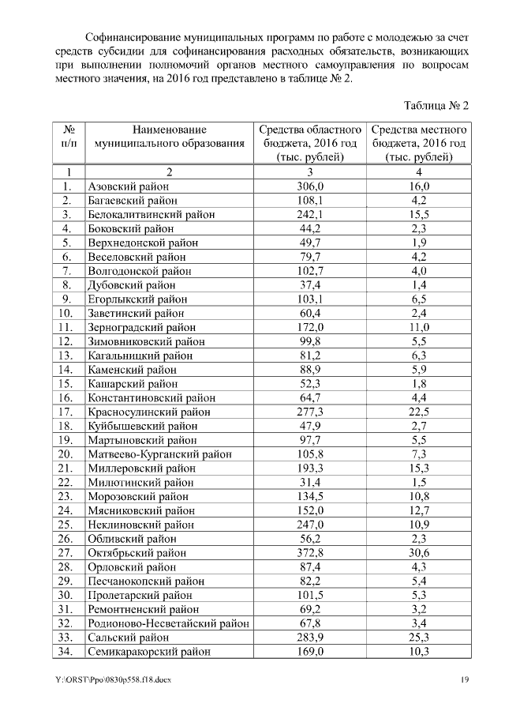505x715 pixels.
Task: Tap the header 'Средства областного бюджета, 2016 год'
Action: (310, 143)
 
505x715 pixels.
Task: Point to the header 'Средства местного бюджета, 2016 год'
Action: (419, 143)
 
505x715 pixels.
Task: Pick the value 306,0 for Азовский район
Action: (310, 186)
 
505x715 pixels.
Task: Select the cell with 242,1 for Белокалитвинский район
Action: (310, 215)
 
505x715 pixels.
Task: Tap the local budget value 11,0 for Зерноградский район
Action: (419, 327)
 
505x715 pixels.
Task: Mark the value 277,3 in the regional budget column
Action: (310, 412)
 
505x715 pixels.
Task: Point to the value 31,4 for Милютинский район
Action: (310, 482)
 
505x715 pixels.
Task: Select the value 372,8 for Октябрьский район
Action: (310, 552)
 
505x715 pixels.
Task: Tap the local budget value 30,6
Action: (419, 552)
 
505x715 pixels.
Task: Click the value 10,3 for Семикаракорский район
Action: (419, 651)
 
